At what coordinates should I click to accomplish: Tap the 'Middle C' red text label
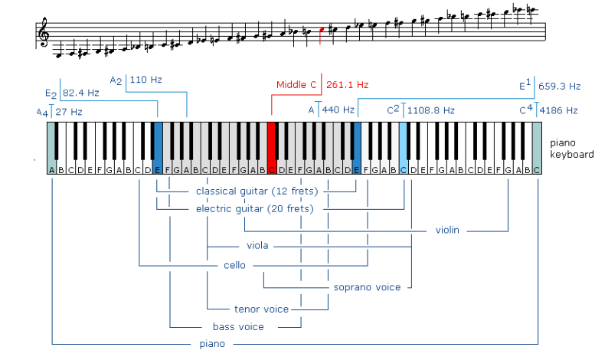(x=299, y=84)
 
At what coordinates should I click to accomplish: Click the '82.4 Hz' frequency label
(x=80, y=93)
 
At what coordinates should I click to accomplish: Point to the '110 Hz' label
(x=145, y=79)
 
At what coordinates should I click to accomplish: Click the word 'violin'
(x=448, y=229)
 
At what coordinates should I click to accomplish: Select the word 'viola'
(x=257, y=247)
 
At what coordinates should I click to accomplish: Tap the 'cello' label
(x=234, y=265)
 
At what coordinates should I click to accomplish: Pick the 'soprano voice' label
(x=367, y=287)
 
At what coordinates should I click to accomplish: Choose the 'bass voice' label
(x=238, y=327)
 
